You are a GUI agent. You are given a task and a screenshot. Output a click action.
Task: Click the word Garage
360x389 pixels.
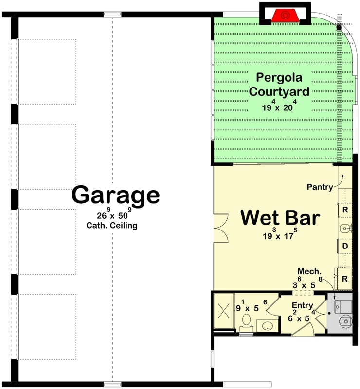pyautogui.click(x=115, y=195)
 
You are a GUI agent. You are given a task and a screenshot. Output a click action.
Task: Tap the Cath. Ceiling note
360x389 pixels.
pyautogui.click(x=112, y=226)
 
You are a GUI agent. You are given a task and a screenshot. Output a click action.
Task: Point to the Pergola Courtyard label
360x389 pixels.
pyautogui.click(x=279, y=84)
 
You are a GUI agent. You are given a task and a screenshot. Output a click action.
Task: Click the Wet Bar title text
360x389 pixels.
pyautogui.click(x=280, y=218)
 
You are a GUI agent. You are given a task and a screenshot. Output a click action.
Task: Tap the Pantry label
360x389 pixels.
pyautogui.click(x=320, y=187)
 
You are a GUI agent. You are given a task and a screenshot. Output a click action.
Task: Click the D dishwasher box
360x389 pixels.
pyautogui.click(x=345, y=247)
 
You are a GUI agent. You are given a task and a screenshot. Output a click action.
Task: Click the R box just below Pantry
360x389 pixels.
pyautogui.click(x=345, y=210)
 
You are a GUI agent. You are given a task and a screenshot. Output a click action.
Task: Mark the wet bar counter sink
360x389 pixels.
pyautogui.click(x=345, y=228)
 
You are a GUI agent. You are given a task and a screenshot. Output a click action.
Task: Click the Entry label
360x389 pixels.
pyautogui.click(x=302, y=305)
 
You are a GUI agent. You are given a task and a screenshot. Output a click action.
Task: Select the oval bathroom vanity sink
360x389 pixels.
pyautogui.click(x=266, y=325)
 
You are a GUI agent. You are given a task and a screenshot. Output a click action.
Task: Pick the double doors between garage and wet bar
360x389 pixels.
pyautogui.click(x=221, y=229)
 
